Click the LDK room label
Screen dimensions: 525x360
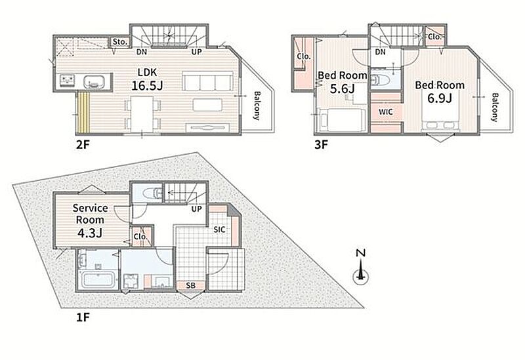pyautogui.click(x=147, y=72)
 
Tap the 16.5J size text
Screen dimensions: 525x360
pyautogui.click(x=147, y=86)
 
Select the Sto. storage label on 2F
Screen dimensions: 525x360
pyautogui.click(x=120, y=42)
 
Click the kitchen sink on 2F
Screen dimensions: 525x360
pyautogui.click(x=94, y=81)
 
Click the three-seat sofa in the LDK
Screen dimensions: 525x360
pyautogui.click(x=207, y=81)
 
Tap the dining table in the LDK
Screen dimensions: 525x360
pyautogui.click(x=142, y=113)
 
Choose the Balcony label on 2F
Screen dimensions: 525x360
pyautogui.click(x=257, y=106)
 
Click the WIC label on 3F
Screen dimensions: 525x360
pyautogui.click(x=386, y=111)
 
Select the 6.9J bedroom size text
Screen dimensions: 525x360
pyautogui.click(x=440, y=98)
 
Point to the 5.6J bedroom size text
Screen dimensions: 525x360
pyautogui.click(x=342, y=89)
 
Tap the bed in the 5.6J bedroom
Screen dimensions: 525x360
pyautogui.click(x=341, y=120)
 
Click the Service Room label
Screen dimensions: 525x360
pyautogui.click(x=91, y=214)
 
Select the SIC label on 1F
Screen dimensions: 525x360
pyautogui.click(x=219, y=230)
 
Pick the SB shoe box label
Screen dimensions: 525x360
pyautogui.click(x=190, y=285)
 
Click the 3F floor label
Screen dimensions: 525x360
pyautogui.click(x=321, y=144)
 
